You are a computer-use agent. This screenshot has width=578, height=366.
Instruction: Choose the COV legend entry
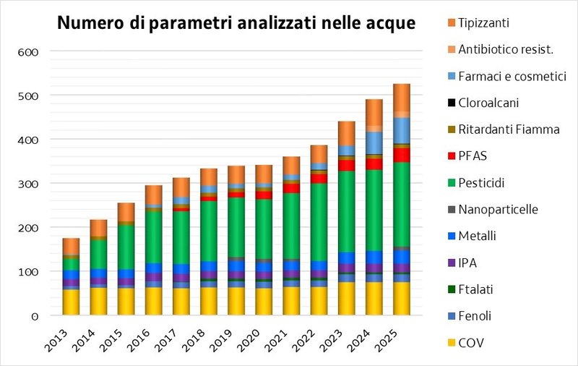[471, 342]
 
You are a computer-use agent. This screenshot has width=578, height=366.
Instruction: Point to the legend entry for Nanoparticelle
[498, 209]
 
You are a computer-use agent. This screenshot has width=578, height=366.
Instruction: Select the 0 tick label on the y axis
[33, 316]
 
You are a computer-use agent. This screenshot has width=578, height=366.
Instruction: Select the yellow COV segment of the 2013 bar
[71, 302]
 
